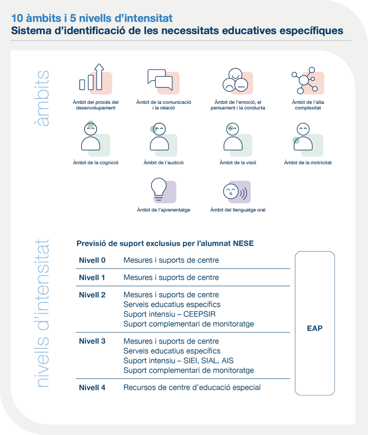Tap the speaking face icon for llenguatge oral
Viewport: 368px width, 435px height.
(x=235, y=192)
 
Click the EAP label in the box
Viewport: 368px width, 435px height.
(x=315, y=328)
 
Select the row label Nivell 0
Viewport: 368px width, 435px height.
(x=92, y=260)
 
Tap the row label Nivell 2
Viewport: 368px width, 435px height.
(x=92, y=295)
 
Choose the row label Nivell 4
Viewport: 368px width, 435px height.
(x=92, y=387)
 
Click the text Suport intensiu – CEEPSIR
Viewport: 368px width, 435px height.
(x=169, y=314)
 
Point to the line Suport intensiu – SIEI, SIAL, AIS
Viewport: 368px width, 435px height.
(x=178, y=361)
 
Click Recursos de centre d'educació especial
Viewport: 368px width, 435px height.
(x=192, y=387)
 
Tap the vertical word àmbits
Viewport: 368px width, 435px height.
(x=41, y=98)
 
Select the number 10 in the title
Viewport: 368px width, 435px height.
(x=17, y=18)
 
